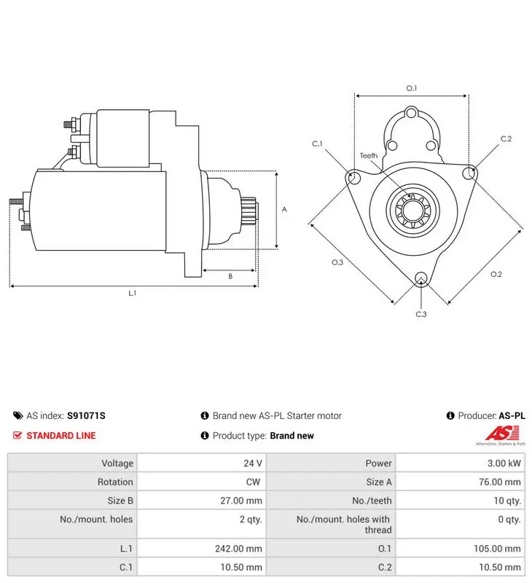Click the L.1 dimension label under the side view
133,294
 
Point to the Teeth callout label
369,156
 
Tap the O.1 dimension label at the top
412,88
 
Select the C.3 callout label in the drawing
421,314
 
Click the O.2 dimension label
496,275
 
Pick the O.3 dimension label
337,262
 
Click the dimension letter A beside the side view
284,209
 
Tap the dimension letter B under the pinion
230,276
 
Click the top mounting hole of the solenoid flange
411,113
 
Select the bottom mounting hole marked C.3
420,278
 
